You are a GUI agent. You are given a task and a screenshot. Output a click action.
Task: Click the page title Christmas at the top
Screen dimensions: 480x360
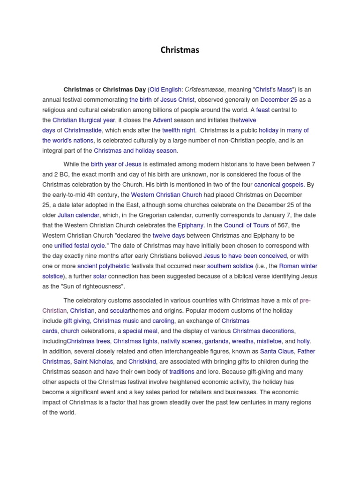180,50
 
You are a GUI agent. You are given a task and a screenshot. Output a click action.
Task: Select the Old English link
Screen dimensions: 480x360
165,90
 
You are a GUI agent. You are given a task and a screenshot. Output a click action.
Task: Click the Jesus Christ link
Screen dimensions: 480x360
178,100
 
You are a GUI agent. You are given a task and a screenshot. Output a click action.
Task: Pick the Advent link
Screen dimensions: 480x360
163,120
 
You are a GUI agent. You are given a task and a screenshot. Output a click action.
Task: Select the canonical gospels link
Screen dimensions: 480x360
278,185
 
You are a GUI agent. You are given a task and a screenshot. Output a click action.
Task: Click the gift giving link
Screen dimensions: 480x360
77,321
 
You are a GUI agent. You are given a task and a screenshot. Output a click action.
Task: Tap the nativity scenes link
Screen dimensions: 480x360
182,341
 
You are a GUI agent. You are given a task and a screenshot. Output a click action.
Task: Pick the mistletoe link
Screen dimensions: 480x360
269,341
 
